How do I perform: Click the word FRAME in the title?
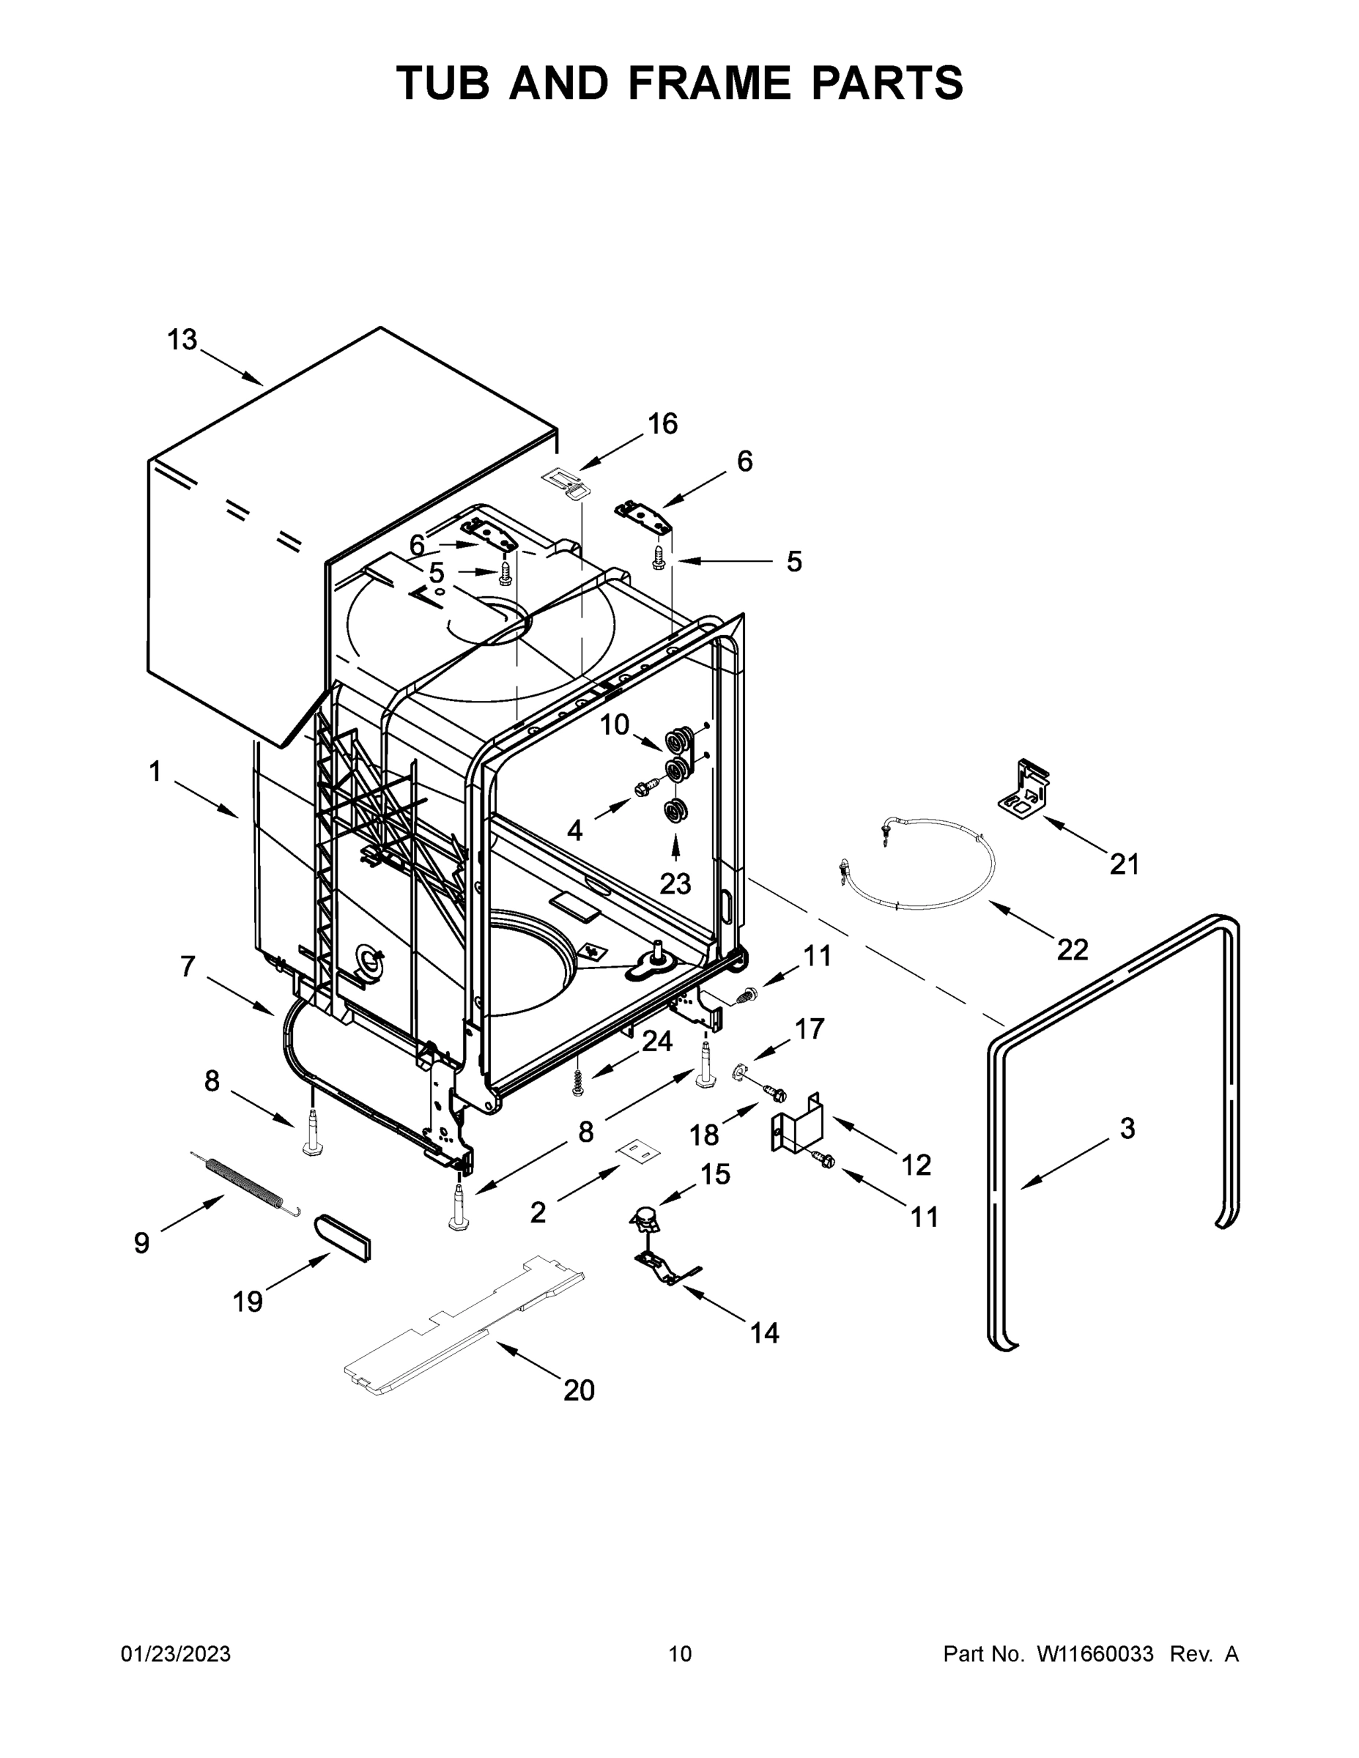tap(709, 83)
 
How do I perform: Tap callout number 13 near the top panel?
tap(182, 340)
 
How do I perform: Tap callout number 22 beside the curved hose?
tap(1072, 950)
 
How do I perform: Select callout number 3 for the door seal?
tap(1127, 1129)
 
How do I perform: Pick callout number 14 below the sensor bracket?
tap(764, 1333)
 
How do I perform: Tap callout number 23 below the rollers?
tap(675, 884)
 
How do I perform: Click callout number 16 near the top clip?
tap(662, 423)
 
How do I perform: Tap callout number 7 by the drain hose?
tap(188, 966)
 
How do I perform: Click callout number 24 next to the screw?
tap(656, 1041)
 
